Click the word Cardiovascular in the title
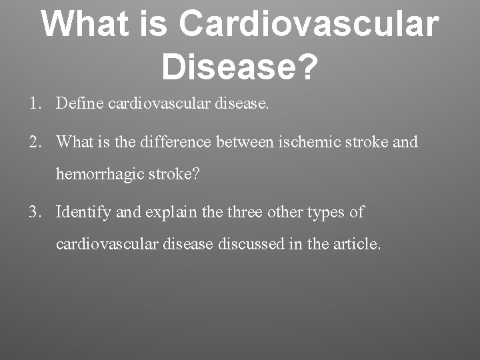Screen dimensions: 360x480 [x=309, y=24]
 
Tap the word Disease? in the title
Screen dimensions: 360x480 [x=239, y=65]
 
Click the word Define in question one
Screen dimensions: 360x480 [x=77, y=104]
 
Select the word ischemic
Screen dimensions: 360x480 [x=309, y=142]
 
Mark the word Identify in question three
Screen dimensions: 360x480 [x=83, y=213]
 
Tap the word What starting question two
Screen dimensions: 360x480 [x=75, y=142]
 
